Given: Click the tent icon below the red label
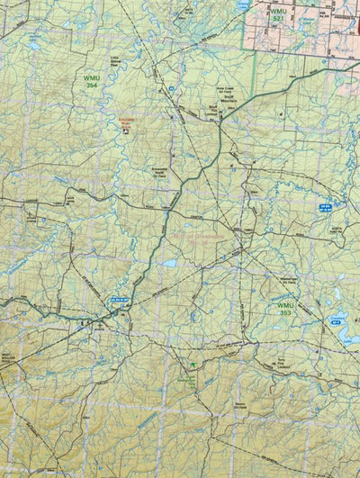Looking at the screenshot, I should [x=127, y=131].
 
